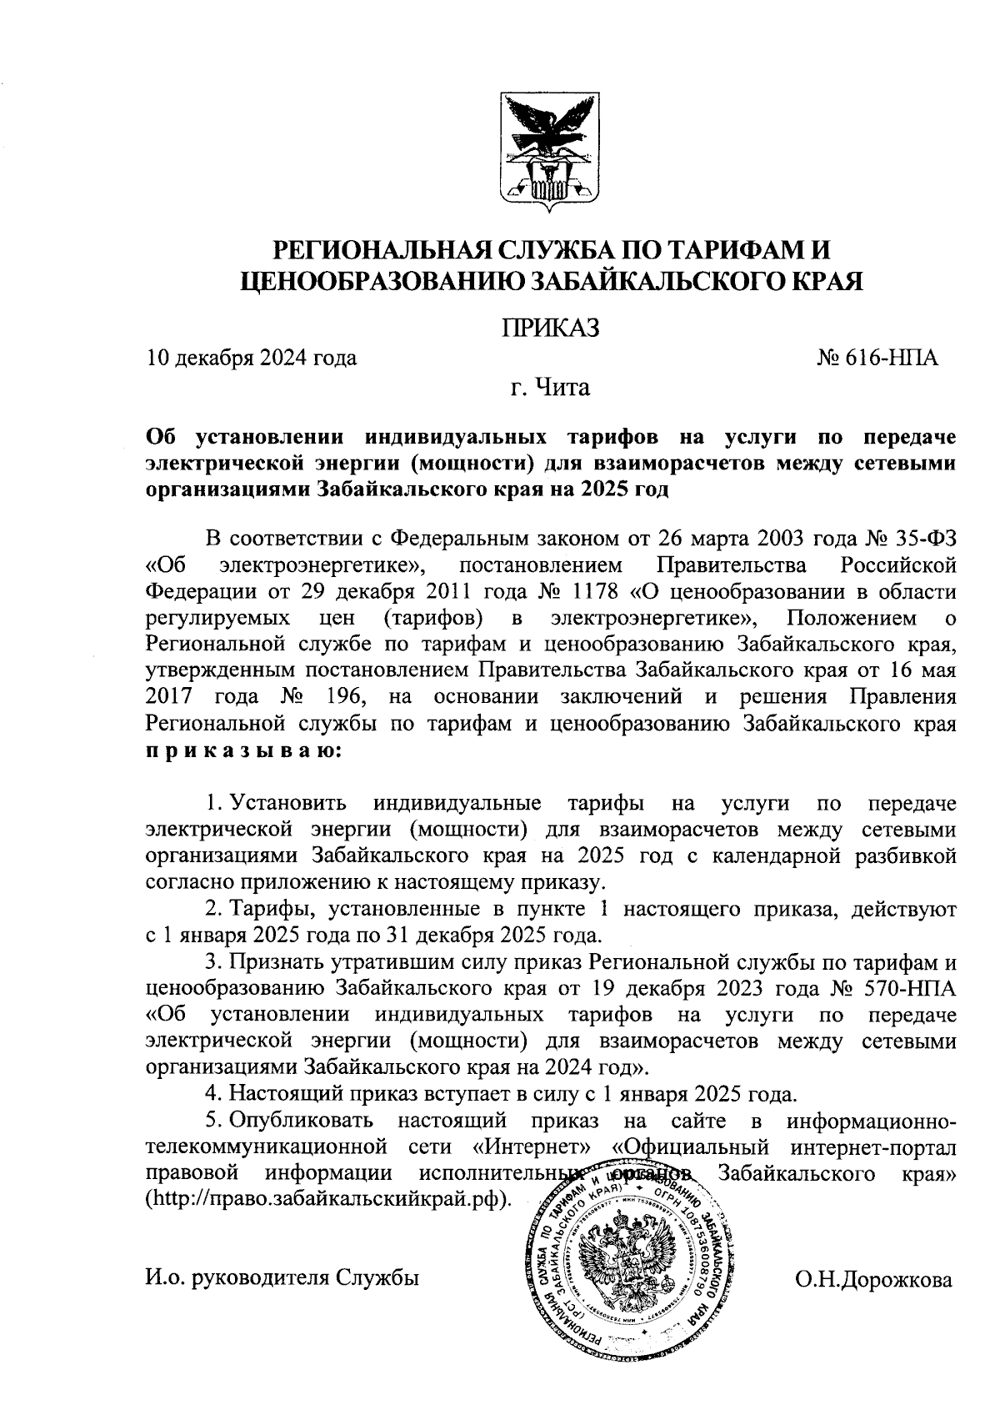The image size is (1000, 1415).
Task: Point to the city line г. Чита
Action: click(x=550, y=388)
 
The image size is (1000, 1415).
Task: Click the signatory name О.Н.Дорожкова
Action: click(x=874, y=1280)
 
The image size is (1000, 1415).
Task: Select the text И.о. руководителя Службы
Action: click(x=282, y=1278)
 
